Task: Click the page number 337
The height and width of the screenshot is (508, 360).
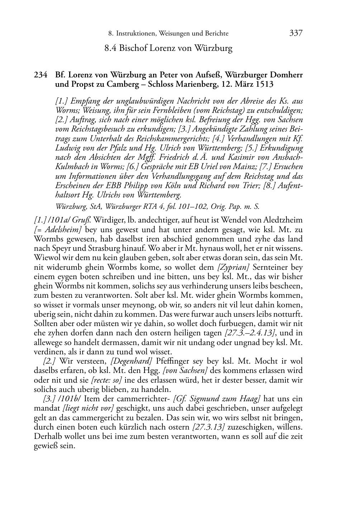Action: (x=296, y=33)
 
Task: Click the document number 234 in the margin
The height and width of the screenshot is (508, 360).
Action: (x=41, y=75)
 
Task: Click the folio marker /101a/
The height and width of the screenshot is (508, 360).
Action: (x=57, y=220)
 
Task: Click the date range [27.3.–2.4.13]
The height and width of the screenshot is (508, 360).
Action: (x=250, y=333)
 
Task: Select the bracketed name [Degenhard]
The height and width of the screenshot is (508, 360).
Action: (x=132, y=361)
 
